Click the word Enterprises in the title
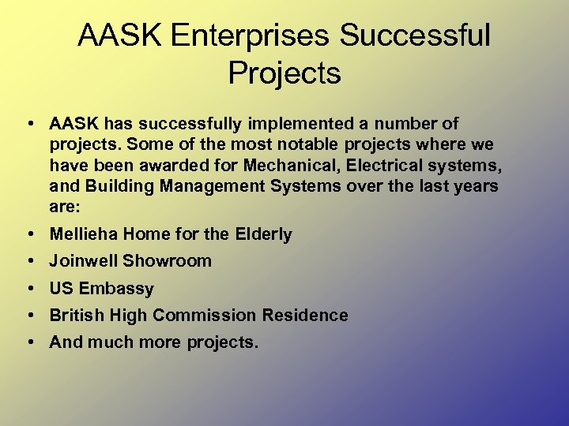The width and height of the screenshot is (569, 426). pyautogui.click(x=253, y=35)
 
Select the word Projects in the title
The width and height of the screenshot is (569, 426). pyautogui.click(x=284, y=73)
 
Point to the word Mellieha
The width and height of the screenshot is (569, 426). pyautogui.click(x=82, y=234)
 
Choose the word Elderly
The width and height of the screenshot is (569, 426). pyautogui.click(x=263, y=234)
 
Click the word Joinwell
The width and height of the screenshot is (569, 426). pyautogui.click(x=84, y=261)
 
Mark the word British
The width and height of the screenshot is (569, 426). pyautogui.click(x=77, y=316)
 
